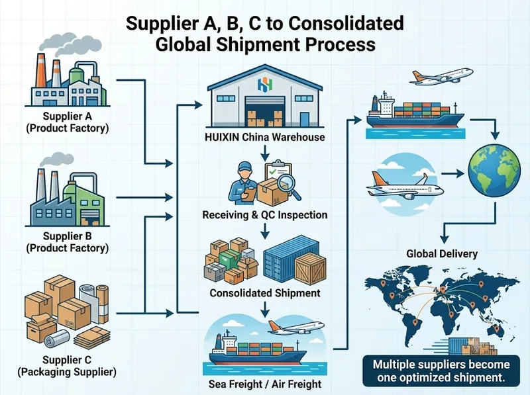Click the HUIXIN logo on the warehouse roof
(265, 85)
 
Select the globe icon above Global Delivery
(494, 170)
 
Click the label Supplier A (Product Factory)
(68, 122)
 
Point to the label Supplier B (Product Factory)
(68, 242)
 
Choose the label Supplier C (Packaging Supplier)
(67, 366)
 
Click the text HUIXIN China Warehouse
(265, 138)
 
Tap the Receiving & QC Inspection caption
(265, 215)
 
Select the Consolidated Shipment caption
(265, 292)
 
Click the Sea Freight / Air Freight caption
(265, 384)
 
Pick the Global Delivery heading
(442, 254)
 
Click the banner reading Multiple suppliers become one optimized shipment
(441, 371)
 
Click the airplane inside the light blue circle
(405, 185)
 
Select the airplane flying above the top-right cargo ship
(441, 76)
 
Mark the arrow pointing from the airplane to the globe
(453, 174)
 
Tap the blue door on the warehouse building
(305, 119)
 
